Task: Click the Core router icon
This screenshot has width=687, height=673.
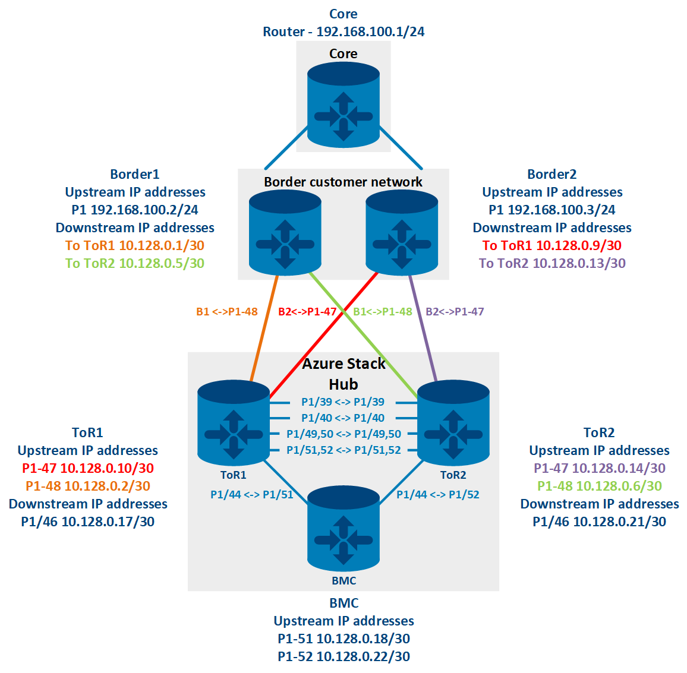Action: click(343, 105)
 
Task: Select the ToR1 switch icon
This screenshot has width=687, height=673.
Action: click(234, 422)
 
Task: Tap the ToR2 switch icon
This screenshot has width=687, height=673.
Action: click(453, 422)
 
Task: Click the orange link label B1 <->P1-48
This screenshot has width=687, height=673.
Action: click(227, 311)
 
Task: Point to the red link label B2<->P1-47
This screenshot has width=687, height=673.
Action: click(307, 311)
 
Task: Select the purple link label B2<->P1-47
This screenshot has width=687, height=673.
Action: click(455, 311)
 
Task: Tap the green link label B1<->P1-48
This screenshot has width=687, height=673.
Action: click(382, 311)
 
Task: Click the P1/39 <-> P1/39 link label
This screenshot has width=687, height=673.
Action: click(343, 402)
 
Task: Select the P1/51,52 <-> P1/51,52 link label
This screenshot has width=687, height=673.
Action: click(343, 450)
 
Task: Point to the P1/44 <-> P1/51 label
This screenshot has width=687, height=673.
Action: click(252, 494)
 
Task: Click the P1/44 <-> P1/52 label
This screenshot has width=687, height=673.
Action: click(438, 494)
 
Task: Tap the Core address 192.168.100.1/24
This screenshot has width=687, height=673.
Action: click(370, 31)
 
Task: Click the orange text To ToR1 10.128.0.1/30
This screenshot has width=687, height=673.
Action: click(135, 245)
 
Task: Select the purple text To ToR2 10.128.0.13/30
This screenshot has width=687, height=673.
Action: click(552, 263)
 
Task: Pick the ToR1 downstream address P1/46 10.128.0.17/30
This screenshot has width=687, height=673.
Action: click(88, 522)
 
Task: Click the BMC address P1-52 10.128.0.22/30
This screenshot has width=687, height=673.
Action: click(343, 656)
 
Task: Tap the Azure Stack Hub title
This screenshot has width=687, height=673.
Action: click(343, 374)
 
